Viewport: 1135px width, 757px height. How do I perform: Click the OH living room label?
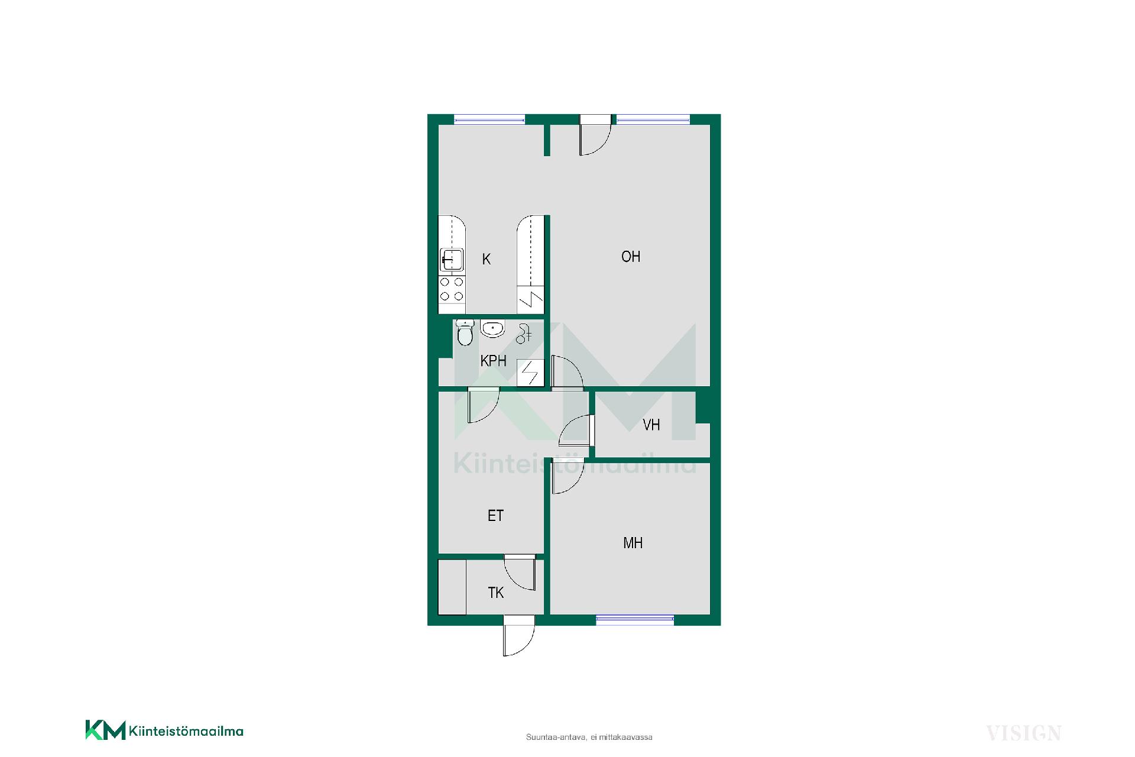pos(631,257)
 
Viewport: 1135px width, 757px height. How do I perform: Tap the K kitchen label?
pos(487,259)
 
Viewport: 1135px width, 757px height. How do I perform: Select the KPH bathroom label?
pos(494,361)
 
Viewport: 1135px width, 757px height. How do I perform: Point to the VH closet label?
pos(651,425)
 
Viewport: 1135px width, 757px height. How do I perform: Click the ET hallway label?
pos(495,516)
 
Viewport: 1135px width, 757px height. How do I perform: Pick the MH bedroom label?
pos(633,543)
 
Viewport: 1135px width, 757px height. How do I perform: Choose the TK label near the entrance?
pos(496,593)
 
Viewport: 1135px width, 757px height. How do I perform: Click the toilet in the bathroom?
pos(465,333)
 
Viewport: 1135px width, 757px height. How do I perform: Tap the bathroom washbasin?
pos(492,328)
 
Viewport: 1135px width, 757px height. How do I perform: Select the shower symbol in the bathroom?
pos(523,334)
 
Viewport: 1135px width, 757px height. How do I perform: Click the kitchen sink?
pos(451,260)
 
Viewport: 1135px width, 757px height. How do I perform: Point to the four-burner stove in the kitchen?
pos(452,290)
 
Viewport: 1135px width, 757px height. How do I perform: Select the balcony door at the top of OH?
pos(595,135)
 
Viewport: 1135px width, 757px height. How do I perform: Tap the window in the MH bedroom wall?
pos(635,620)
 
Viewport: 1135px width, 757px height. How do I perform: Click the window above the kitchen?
pos(489,119)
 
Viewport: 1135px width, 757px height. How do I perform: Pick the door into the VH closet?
pos(575,430)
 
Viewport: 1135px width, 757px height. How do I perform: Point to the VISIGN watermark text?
pos(1024,733)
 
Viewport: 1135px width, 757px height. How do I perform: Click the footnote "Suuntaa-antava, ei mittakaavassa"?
pos(589,737)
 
